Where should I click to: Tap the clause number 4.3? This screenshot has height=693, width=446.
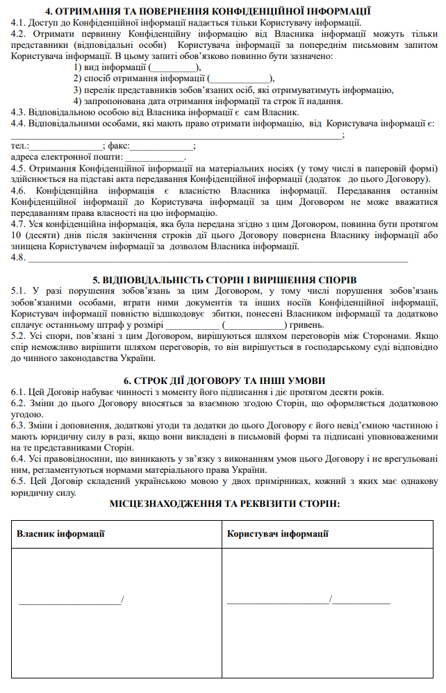tap(19, 112)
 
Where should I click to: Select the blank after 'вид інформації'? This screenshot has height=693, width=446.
tap(173, 68)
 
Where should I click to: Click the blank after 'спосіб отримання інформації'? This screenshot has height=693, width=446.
tap(240, 79)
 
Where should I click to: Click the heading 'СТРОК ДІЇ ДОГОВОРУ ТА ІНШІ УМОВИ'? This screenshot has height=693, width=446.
tap(222, 381)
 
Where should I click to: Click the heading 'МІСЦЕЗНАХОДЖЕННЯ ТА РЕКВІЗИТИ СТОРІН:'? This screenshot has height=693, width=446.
tap(222, 502)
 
